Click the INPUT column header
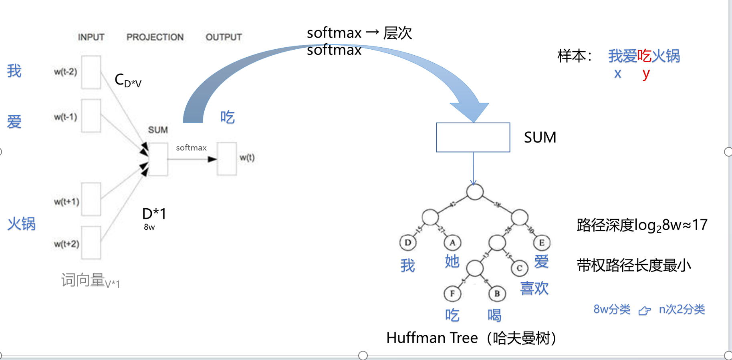tap(91, 37)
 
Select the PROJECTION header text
tap(155, 37)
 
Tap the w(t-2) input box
tap(91, 72)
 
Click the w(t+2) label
tap(67, 244)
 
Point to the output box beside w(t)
tap(227, 159)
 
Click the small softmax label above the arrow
tap(191, 148)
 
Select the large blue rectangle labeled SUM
tap(473, 137)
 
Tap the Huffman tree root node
tap(474, 192)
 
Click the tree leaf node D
tap(408, 243)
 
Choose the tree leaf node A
tap(452, 243)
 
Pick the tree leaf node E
tap(541, 243)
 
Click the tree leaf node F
tap(452, 294)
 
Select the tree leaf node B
tap(497, 294)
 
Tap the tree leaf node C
tap(519, 268)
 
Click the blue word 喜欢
tap(534, 288)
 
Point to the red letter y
tap(645, 74)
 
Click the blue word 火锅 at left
tap(21, 223)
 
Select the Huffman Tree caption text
tap(471, 338)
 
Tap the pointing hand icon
tap(644, 310)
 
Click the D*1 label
tap(154, 214)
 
